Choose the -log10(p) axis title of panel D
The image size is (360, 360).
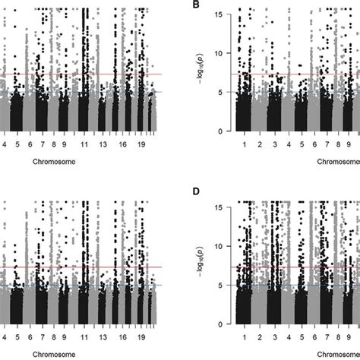pyautogui.click(x=199, y=265)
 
